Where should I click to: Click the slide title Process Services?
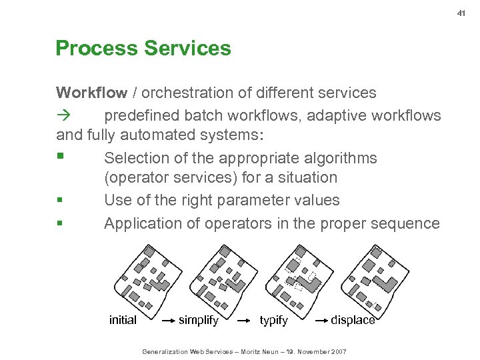pyautogui.click(x=143, y=49)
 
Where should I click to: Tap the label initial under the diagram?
pyautogui.click(x=123, y=321)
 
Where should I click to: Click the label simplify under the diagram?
pyautogui.click(x=199, y=321)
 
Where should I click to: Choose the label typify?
pyautogui.click(x=273, y=321)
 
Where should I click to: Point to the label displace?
pyautogui.click(x=353, y=321)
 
